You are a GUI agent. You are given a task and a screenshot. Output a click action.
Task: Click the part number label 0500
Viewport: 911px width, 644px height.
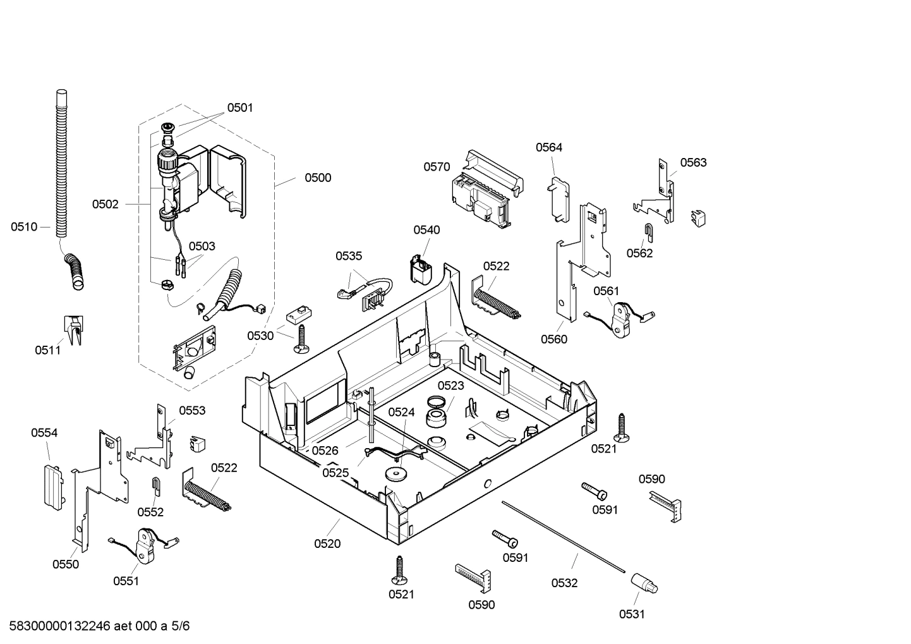318,178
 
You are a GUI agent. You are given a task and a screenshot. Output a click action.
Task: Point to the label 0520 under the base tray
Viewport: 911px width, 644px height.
327,544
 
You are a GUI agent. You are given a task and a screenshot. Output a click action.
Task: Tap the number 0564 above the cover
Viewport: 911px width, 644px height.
548,147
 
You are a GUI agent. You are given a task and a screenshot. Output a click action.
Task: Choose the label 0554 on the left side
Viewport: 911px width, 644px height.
44,433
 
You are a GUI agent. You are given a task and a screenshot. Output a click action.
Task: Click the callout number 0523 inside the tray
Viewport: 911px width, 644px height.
450,386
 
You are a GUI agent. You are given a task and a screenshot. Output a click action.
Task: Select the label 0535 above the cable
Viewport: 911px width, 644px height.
349,256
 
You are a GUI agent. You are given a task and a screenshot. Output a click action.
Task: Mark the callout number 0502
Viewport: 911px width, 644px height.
105,204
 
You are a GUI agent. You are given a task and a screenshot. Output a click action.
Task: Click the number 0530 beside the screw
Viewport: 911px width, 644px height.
260,336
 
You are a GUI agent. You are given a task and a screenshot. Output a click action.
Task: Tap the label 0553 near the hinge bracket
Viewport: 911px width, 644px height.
192,411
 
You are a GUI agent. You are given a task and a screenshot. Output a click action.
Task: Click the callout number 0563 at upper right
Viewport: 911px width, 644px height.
693,162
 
